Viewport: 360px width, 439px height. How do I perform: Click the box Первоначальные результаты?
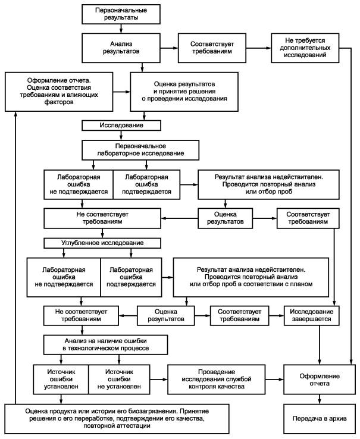click(x=121, y=14)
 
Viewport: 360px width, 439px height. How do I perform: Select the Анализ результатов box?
click(x=121, y=48)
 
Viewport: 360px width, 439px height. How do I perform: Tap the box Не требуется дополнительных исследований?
click(x=305, y=48)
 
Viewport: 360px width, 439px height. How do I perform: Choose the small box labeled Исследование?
click(x=121, y=126)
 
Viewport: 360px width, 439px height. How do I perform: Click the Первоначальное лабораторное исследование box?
click(x=140, y=150)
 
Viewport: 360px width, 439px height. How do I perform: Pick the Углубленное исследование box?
click(x=102, y=243)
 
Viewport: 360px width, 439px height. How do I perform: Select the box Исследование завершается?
click(x=312, y=315)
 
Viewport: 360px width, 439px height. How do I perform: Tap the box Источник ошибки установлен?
click(x=61, y=380)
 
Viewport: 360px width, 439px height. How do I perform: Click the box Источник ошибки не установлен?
click(x=119, y=380)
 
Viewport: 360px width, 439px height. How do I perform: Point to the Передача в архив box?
click(x=320, y=419)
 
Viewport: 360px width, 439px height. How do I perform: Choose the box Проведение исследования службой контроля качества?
click(x=216, y=380)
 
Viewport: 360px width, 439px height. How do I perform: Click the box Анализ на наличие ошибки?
click(x=105, y=344)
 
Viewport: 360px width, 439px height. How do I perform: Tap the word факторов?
click(x=59, y=102)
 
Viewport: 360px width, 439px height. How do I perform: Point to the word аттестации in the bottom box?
click(x=133, y=426)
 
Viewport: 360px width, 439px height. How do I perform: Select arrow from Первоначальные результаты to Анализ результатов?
click(x=121, y=29)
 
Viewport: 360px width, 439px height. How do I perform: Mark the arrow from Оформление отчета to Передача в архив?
click(x=320, y=399)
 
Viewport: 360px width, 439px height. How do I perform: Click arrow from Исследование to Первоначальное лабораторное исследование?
click(x=121, y=135)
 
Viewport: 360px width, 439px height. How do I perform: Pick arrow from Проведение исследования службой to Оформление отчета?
click(x=274, y=380)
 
